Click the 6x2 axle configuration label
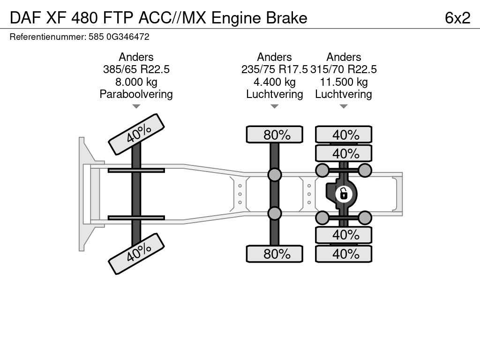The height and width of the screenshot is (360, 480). pyautogui.click(x=457, y=18)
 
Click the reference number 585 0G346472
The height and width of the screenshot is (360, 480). pyautogui.click(x=119, y=37)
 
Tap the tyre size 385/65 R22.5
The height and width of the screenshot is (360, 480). pyautogui.click(x=136, y=69)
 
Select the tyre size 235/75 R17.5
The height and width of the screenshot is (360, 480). pyautogui.click(x=274, y=69)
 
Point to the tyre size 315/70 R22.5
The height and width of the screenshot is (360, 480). pyautogui.click(x=344, y=69)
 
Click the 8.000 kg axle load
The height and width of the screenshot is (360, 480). pyautogui.click(x=136, y=82)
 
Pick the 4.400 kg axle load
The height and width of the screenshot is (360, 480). pyautogui.click(x=274, y=82)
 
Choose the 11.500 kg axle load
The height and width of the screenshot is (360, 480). pyautogui.click(x=344, y=82)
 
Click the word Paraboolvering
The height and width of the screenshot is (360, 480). pyautogui.click(x=136, y=94)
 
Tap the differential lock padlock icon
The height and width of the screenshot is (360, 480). pyautogui.click(x=344, y=193)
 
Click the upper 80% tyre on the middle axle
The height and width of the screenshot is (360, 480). pyautogui.click(x=275, y=135)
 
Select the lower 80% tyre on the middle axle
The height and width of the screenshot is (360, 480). pyautogui.click(x=275, y=254)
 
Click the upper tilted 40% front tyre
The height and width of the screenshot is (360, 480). pyautogui.click(x=136, y=134)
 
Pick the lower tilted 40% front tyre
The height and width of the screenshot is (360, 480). pyautogui.click(x=136, y=254)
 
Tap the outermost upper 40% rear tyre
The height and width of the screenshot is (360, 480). pyautogui.click(x=344, y=135)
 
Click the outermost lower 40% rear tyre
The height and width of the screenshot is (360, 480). pyautogui.click(x=344, y=254)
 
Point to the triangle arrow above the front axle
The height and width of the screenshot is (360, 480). pyautogui.click(x=136, y=106)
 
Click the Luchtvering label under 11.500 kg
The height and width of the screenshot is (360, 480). pyautogui.click(x=344, y=94)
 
